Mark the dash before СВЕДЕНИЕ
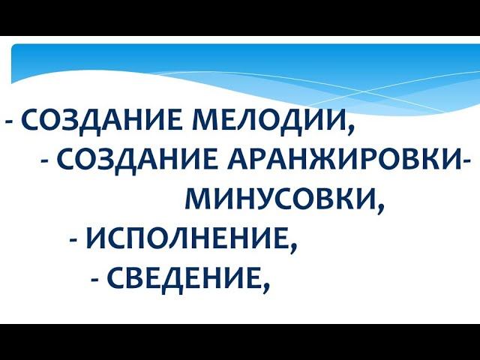click(x=95, y=280)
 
